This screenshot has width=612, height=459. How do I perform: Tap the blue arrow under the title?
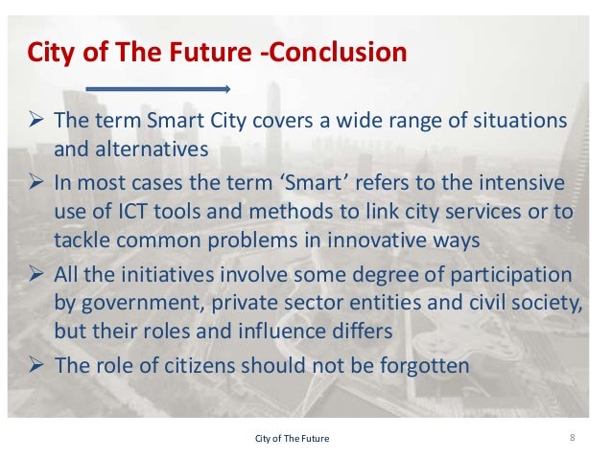(x=158, y=89)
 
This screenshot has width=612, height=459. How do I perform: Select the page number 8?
(x=572, y=438)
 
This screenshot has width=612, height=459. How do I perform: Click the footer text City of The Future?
(x=291, y=439)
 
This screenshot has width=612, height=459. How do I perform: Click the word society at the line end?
(x=537, y=304)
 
